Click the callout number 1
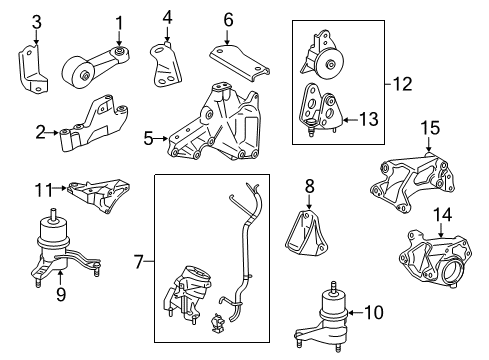click(119, 22)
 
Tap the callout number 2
click(39, 131)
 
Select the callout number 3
click(35, 22)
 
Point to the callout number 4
click(167, 17)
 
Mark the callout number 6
click(228, 19)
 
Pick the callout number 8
click(310, 185)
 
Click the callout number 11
click(42, 187)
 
